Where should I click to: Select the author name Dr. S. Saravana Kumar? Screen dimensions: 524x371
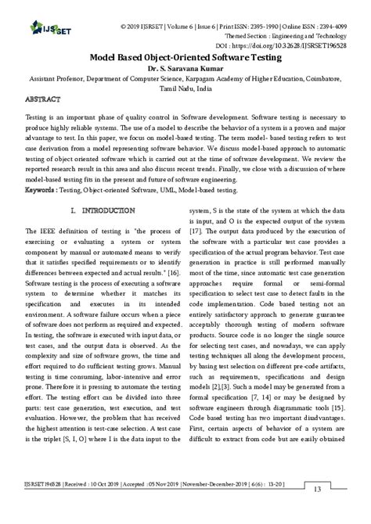185,68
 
